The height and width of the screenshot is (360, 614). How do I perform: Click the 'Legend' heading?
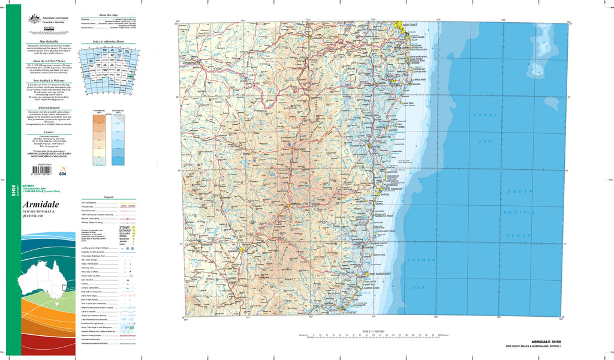[x=109, y=197]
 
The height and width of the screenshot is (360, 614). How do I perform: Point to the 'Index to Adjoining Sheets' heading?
[x=109, y=42]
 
